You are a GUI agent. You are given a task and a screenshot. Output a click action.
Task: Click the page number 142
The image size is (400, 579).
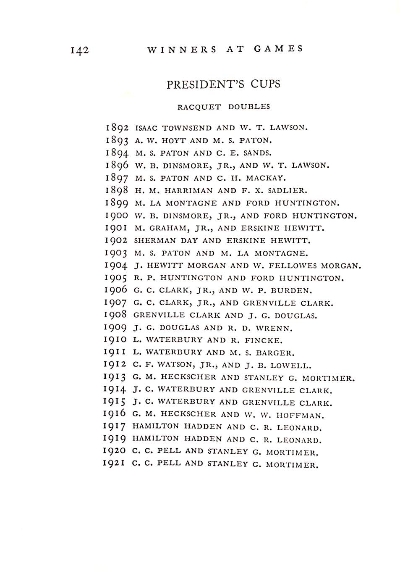pos(80,50)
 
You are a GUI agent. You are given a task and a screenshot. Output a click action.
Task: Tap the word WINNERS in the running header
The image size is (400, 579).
pos(182,49)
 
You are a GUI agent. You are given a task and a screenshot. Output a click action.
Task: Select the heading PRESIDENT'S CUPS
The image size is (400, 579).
pos(223,84)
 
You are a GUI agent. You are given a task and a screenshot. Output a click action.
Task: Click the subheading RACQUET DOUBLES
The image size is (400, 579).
pos(223,107)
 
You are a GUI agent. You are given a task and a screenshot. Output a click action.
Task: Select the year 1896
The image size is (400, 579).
pos(117,166)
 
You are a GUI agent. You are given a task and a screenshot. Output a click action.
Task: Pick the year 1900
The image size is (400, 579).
pos(116,216)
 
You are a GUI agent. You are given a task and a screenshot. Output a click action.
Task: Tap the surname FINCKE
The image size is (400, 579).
pos(264,340)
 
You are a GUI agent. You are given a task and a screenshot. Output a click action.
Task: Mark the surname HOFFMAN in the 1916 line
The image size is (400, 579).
pos(300,416)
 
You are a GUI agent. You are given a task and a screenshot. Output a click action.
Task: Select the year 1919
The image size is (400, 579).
pos(114,439)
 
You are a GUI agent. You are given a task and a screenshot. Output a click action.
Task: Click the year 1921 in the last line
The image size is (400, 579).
pos(114,463)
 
